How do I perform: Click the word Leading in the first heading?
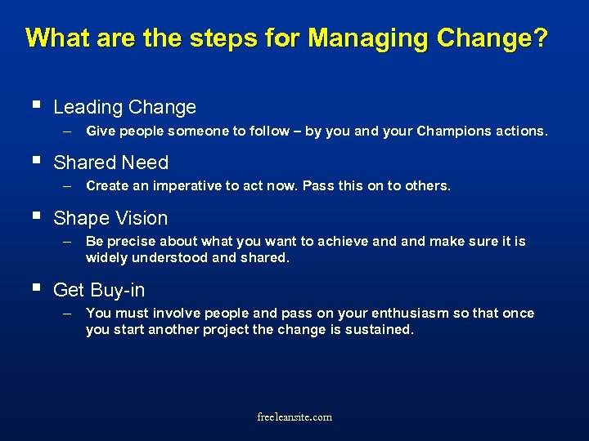(x=87, y=107)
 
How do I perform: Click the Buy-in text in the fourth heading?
(x=118, y=290)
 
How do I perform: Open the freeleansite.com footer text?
(x=294, y=417)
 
